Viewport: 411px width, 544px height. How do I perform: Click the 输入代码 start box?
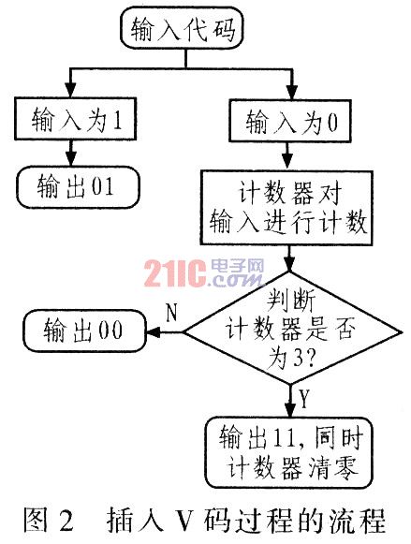click(x=182, y=28)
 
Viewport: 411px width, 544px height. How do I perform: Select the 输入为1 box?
click(x=75, y=119)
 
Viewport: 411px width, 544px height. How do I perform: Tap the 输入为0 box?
click(x=290, y=121)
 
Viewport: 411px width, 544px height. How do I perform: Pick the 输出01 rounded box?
click(x=79, y=187)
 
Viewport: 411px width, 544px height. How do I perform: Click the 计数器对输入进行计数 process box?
click(x=287, y=208)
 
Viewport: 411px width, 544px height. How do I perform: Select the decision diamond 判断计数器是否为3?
click(x=292, y=329)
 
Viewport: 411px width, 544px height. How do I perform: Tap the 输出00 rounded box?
click(x=84, y=331)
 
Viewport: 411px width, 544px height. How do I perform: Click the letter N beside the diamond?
click(x=171, y=313)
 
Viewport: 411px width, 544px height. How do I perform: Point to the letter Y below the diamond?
click(x=304, y=399)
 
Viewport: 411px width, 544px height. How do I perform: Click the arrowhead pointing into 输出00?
click(x=154, y=332)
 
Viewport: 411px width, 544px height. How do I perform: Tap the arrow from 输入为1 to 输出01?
click(x=71, y=153)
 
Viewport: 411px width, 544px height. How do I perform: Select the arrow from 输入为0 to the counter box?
click(x=287, y=156)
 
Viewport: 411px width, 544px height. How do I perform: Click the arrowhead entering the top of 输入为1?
click(x=71, y=91)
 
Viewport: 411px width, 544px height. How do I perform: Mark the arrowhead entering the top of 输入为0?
click(x=292, y=93)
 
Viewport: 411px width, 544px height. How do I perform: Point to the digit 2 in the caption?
click(x=66, y=520)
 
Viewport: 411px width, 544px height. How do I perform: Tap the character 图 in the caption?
click(x=36, y=520)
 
